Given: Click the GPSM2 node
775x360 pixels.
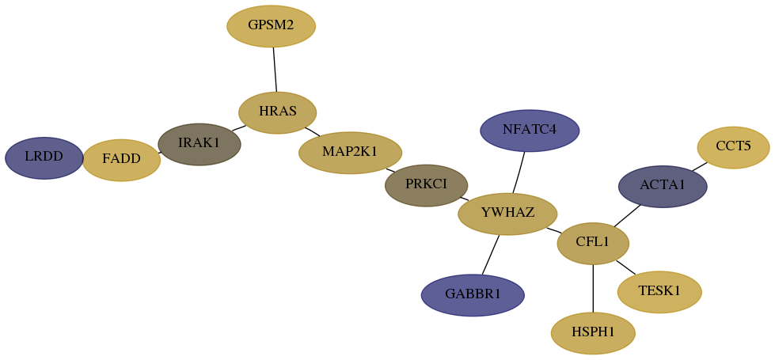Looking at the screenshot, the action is [x=271, y=26].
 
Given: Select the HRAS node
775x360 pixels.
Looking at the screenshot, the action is [x=277, y=112].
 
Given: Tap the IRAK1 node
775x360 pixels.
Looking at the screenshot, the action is [x=199, y=144].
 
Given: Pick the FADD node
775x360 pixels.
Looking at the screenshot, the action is [x=122, y=160].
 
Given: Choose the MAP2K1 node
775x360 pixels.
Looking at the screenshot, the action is [x=350, y=153].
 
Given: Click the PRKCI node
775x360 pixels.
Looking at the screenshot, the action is [x=426, y=185].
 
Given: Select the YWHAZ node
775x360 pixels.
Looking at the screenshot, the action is [x=507, y=214].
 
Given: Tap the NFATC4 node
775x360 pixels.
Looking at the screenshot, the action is [x=530, y=131].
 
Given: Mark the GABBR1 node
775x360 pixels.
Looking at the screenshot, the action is [x=473, y=295].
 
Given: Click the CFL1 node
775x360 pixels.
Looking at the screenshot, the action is [x=593, y=244].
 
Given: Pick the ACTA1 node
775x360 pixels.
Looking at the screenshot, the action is [x=663, y=187].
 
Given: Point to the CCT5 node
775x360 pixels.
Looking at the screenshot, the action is [x=733, y=148].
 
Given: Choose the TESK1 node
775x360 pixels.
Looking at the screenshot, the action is [x=659, y=292].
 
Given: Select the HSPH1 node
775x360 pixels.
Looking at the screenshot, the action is [x=593, y=333].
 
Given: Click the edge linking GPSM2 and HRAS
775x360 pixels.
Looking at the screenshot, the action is [x=275, y=70].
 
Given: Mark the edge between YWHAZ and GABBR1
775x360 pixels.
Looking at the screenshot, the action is [x=491, y=254].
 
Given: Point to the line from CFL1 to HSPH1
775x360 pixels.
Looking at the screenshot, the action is [x=593, y=288].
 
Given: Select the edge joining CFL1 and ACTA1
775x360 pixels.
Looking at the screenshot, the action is [x=627, y=215].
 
